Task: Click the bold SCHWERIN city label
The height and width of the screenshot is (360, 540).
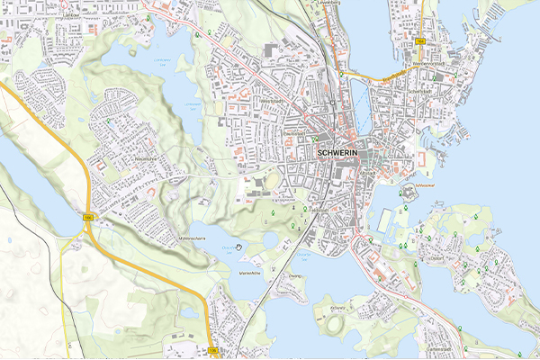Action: click(x=338, y=153)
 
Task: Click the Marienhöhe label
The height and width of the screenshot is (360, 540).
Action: click(x=249, y=272)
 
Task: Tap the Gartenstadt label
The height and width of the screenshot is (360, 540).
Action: click(x=439, y=346)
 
